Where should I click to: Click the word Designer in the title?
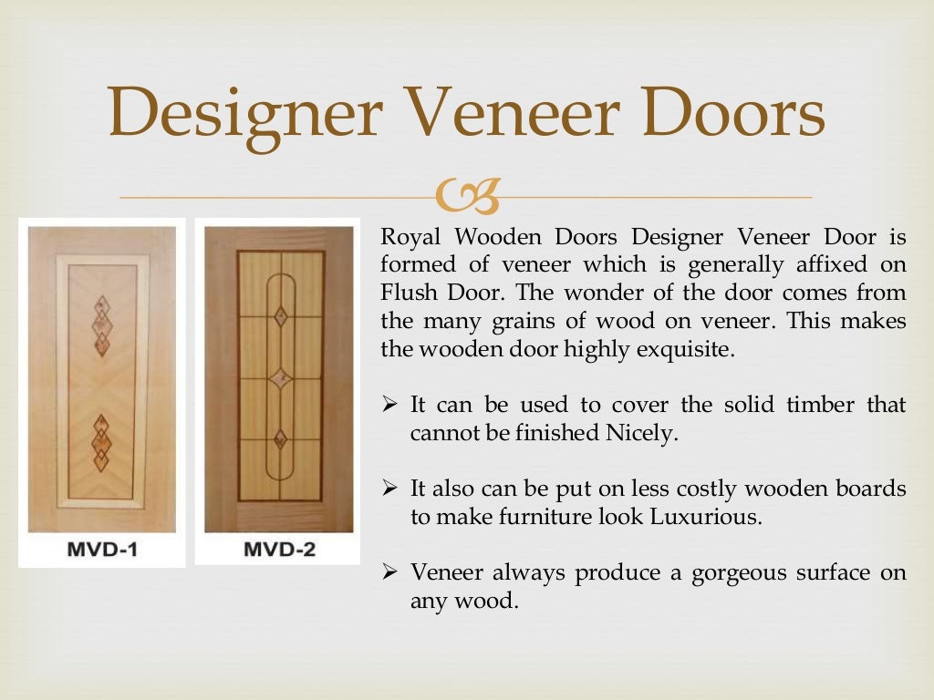pyautogui.click(x=244, y=112)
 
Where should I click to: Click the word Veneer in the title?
pyautogui.click(x=520, y=112)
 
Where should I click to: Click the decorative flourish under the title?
pyautogui.click(x=468, y=194)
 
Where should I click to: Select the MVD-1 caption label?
pyautogui.click(x=101, y=550)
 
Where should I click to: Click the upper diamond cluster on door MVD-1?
pyautogui.click(x=102, y=324)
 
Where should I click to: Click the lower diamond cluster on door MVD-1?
pyautogui.click(x=101, y=443)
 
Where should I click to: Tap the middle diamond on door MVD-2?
pyautogui.click(x=281, y=378)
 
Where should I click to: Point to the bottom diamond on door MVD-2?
pyautogui.click(x=281, y=438)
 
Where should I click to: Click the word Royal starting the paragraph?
pyautogui.click(x=411, y=238)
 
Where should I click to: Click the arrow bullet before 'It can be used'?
pyautogui.click(x=389, y=405)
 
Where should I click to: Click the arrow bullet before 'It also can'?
pyautogui.click(x=389, y=489)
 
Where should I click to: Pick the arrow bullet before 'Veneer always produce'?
pyautogui.click(x=389, y=572)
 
